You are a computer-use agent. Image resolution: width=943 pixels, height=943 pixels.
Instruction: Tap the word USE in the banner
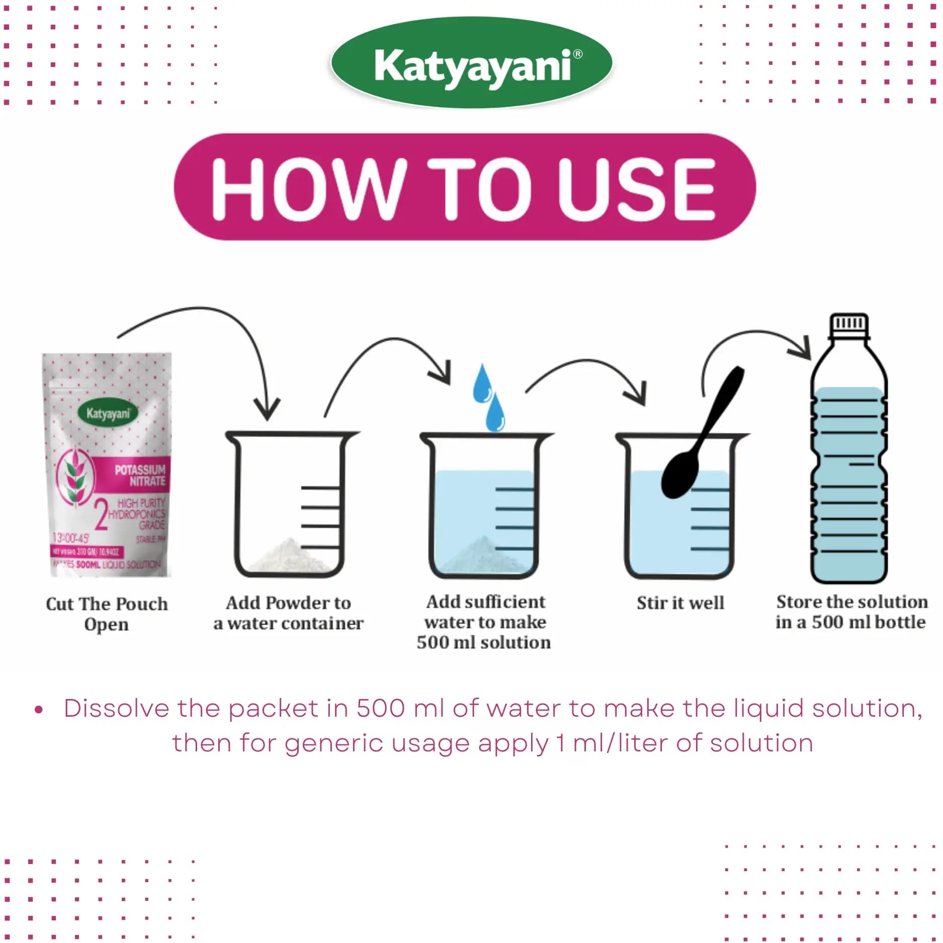[x=637, y=188]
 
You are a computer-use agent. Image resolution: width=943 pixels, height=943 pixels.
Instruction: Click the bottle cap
[x=849, y=324]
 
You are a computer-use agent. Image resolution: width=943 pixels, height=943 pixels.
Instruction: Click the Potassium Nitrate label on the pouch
[x=140, y=475]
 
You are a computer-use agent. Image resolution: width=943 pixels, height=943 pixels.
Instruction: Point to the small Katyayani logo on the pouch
[x=108, y=413]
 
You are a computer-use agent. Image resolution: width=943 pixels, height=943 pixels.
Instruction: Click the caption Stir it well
[x=680, y=603]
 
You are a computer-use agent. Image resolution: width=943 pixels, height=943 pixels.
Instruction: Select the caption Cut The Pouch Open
[x=107, y=614]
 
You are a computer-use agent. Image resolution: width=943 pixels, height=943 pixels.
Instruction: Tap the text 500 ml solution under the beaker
[x=483, y=642]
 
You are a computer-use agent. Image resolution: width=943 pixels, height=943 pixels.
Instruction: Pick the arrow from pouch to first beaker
[x=211, y=322]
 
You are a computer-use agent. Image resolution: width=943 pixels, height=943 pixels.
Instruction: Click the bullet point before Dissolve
[x=39, y=710]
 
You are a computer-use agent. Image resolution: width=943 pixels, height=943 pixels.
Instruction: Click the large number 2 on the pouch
[x=101, y=516]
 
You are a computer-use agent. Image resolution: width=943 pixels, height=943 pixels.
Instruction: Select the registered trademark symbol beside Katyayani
[x=578, y=53]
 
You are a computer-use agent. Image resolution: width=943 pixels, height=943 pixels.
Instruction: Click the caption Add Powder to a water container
[x=288, y=613]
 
